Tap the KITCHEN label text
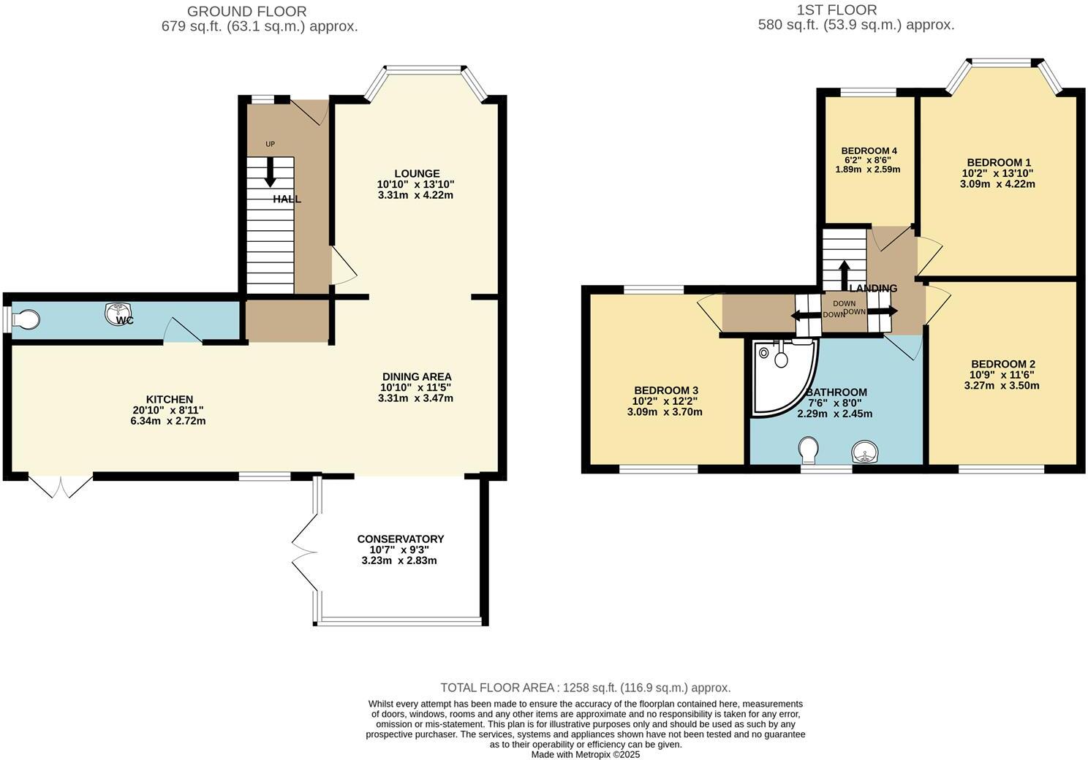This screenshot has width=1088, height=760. click(170, 399)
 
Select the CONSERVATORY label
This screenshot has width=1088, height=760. click(400, 539)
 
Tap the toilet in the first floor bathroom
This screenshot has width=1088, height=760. click(809, 450)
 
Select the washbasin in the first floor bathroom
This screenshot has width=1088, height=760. click(866, 452)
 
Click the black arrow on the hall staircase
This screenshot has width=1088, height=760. click(270, 172)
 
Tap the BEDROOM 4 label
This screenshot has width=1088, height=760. click(869, 151)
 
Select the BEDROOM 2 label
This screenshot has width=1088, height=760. click(1002, 364)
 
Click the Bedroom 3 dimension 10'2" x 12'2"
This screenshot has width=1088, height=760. click(665, 401)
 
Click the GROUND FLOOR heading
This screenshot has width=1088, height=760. click(247, 11)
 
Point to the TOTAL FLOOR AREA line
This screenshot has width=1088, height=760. click(585, 688)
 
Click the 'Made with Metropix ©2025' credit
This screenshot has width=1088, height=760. click(585, 754)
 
